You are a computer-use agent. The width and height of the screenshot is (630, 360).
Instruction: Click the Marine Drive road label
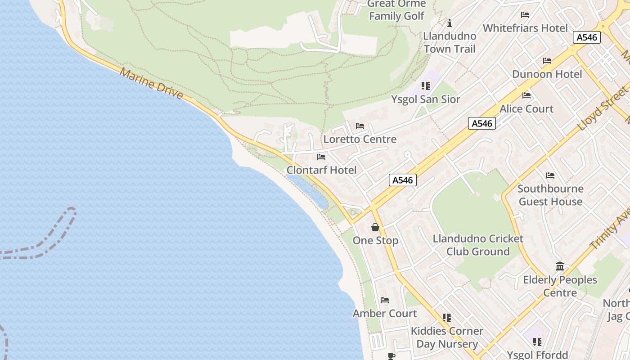151,84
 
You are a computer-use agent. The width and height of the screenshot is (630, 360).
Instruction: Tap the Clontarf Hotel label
321,170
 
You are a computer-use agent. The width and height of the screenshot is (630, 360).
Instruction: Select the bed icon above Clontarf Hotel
321,157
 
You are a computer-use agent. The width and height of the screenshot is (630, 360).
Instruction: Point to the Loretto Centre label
360,139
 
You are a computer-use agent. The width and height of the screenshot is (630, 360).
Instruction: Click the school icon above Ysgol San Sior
425,85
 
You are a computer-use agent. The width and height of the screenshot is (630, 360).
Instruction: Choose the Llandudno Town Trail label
450,42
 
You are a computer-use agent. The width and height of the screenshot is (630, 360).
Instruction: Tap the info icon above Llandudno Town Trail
449,23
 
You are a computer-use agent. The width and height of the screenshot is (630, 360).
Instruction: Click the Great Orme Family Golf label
396,10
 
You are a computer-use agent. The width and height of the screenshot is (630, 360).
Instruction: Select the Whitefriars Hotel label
525,28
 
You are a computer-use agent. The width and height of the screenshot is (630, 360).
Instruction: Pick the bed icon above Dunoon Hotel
547,61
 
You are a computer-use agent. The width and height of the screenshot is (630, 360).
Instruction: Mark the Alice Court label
526,108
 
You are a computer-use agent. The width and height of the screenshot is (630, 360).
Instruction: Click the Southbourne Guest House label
550,195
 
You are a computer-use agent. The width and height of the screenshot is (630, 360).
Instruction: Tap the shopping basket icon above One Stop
375,227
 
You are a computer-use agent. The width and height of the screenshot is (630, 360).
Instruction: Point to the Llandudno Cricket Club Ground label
478,245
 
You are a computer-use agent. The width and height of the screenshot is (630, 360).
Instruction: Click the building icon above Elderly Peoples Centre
560,266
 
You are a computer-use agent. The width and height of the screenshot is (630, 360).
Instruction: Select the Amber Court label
385,313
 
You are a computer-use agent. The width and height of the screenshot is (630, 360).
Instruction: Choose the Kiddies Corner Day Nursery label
447,337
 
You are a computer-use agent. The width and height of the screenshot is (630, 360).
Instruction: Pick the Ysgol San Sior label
425,99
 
